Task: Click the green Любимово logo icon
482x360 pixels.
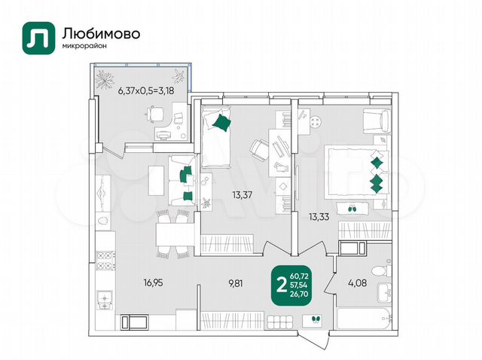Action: (38, 38)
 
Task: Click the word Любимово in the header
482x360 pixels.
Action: (101, 33)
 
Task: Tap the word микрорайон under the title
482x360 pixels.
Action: (84, 47)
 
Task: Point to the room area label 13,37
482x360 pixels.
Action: (243, 194)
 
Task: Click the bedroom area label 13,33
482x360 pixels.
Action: (319, 217)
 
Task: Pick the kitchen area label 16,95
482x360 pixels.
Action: (153, 282)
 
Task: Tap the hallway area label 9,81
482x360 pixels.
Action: (235, 283)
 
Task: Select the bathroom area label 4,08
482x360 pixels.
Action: (357, 282)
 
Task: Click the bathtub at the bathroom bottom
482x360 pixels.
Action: (365, 319)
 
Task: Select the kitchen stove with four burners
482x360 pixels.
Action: (105, 261)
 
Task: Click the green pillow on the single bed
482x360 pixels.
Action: (221, 122)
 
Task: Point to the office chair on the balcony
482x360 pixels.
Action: (154, 114)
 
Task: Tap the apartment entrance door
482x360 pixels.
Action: (313, 340)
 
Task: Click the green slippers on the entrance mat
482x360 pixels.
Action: (315, 319)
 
